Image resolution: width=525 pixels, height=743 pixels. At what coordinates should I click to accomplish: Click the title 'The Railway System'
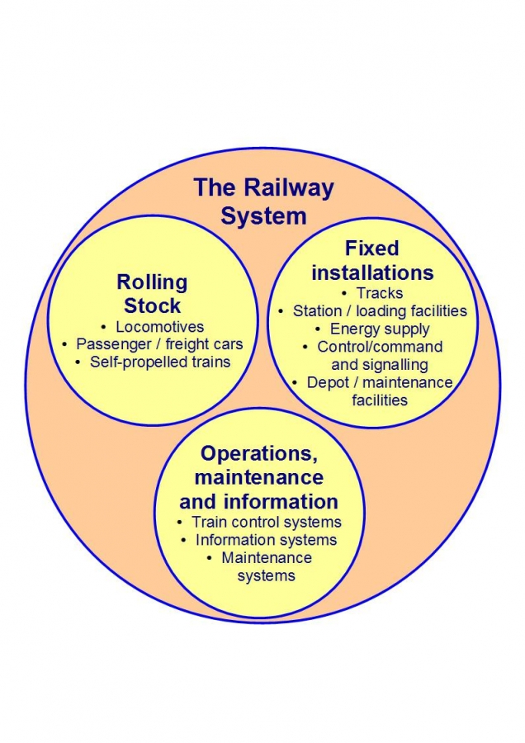[263, 201]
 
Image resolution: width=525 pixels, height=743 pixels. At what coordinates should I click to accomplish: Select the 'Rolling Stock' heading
[152, 294]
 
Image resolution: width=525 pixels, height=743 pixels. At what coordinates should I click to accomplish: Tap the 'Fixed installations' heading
[371, 260]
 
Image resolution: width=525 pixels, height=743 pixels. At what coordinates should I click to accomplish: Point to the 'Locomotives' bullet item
[159, 327]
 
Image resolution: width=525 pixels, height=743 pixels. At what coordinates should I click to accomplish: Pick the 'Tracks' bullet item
[380, 293]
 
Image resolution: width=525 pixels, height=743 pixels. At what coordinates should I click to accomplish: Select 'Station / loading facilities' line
[380, 311]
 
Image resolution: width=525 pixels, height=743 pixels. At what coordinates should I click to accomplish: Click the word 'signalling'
[380, 364]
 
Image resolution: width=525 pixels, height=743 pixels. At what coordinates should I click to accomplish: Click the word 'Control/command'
[380, 347]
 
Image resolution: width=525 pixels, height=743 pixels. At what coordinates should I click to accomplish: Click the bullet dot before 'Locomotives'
[104, 328]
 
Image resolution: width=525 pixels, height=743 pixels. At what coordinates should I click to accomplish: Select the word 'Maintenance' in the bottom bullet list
[267, 557]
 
